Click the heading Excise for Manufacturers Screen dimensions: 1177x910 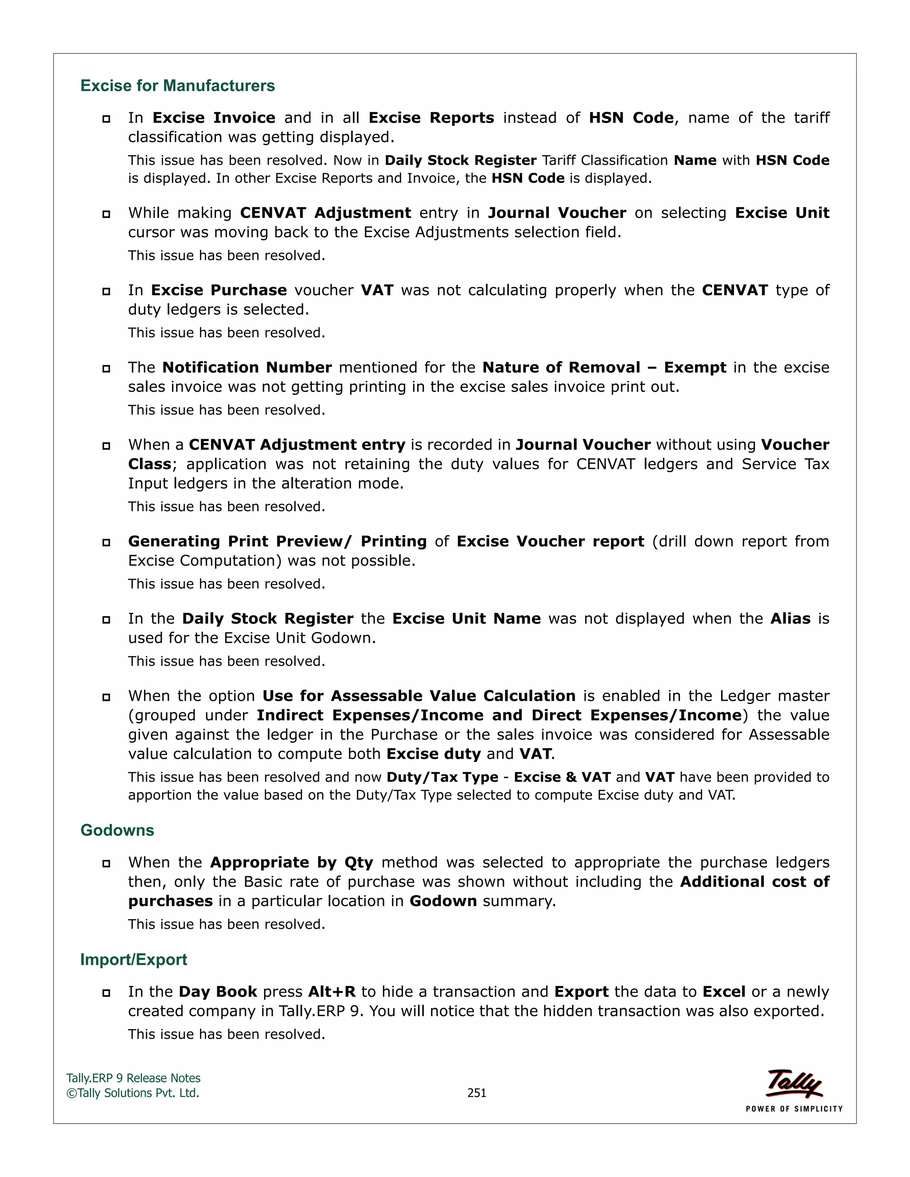tap(177, 86)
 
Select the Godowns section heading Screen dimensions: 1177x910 tap(117, 830)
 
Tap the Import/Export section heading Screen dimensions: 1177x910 tap(134, 959)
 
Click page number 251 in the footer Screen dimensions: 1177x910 tap(477, 1093)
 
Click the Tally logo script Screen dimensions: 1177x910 tap(794, 1083)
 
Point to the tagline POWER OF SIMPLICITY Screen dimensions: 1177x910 tap(794, 1109)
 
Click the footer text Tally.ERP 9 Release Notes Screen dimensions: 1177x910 tap(133, 1078)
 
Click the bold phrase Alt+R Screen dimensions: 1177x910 tap(331, 992)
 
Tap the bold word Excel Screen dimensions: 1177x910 tap(724, 992)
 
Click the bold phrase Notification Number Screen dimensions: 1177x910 tap(247, 368)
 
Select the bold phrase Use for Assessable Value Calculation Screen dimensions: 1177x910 tap(419, 696)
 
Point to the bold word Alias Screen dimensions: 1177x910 tap(790, 619)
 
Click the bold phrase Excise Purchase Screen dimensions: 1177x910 tap(219, 290)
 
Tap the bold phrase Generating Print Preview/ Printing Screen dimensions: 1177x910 tap(277, 541)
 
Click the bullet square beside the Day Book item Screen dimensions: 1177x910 tap(106, 993)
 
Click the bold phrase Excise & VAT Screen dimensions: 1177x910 tap(562, 777)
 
